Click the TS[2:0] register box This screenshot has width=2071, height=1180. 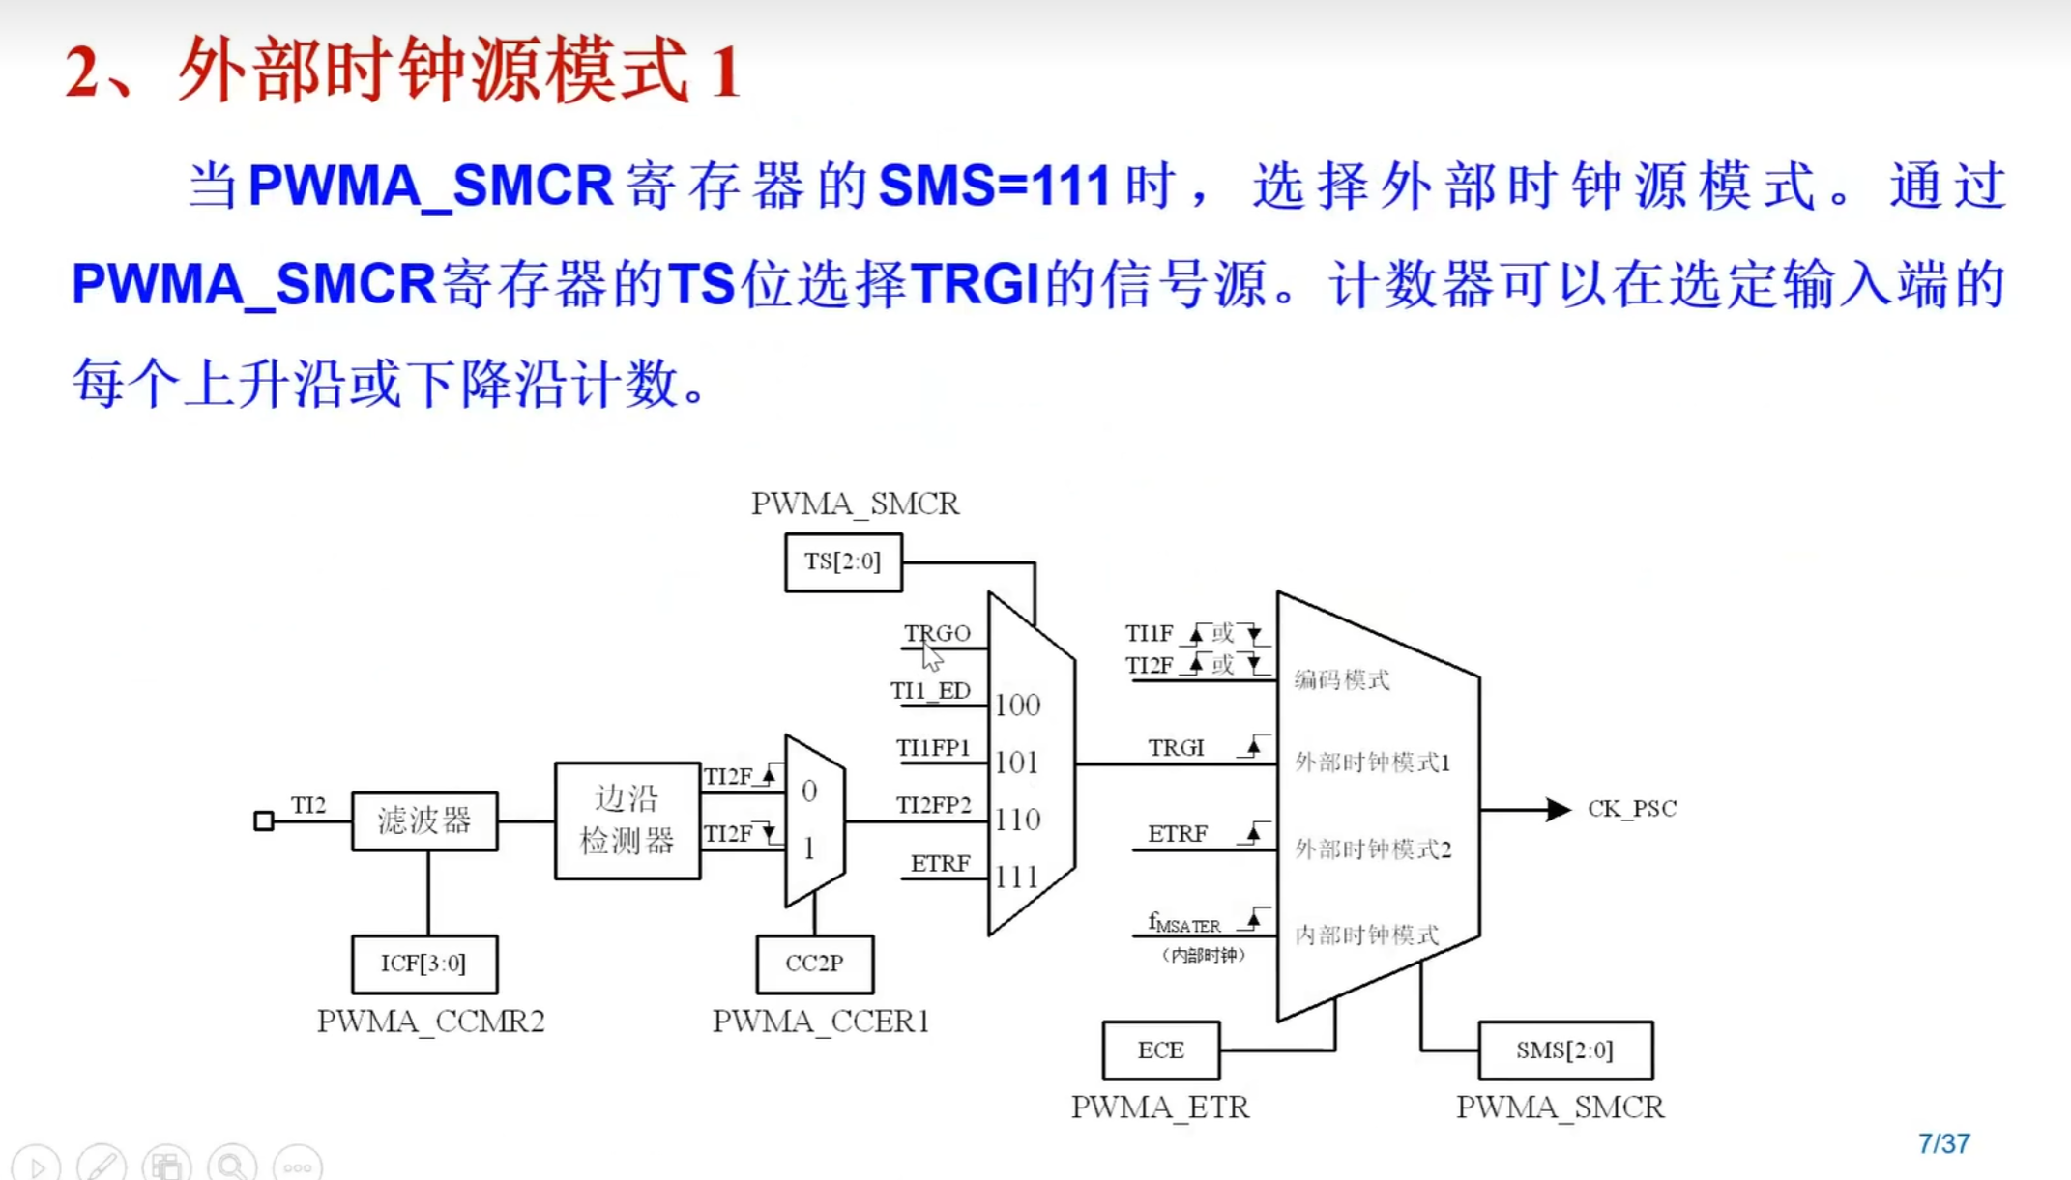(x=843, y=562)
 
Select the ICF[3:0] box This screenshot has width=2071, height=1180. (x=424, y=964)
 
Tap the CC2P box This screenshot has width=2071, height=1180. (x=814, y=964)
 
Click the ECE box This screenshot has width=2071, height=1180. (x=1160, y=1050)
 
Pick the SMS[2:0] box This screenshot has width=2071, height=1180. (x=1564, y=1050)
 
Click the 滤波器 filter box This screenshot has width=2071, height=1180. (x=424, y=820)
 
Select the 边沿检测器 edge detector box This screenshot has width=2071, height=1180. (x=627, y=820)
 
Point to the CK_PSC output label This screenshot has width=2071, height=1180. (x=1632, y=809)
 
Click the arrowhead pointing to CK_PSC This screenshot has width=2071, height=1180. (x=1557, y=809)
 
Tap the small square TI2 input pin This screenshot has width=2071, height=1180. (x=263, y=820)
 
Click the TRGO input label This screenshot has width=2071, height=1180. (x=937, y=633)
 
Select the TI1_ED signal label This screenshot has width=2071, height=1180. (x=930, y=691)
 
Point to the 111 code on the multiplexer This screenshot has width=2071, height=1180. (x=1017, y=878)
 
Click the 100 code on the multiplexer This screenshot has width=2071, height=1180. (x=1017, y=705)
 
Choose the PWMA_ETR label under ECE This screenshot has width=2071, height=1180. (x=1160, y=1108)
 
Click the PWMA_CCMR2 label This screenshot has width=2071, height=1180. (x=431, y=1022)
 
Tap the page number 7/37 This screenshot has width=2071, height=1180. (x=1943, y=1144)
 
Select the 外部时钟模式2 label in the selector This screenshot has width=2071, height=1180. (x=1373, y=849)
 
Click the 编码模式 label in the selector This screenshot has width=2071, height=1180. (x=1342, y=680)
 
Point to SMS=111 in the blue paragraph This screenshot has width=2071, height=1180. (x=994, y=186)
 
